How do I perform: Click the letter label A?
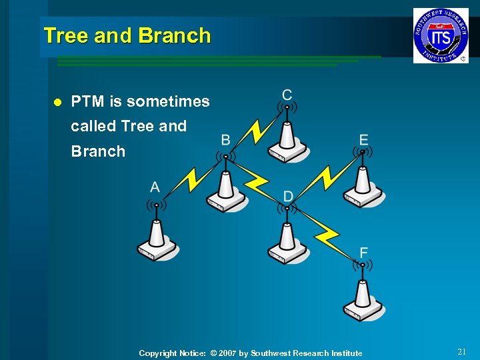pyautogui.click(x=155, y=187)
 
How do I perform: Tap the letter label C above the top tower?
pyautogui.click(x=287, y=95)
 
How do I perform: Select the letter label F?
pyautogui.click(x=363, y=253)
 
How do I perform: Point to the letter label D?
pyautogui.click(x=288, y=196)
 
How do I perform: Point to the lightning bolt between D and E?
pyautogui.click(x=326, y=177)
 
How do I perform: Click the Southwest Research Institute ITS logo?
pyautogui.click(x=440, y=36)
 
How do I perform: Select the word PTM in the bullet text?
pyautogui.click(x=87, y=102)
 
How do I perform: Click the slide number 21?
pyautogui.click(x=462, y=351)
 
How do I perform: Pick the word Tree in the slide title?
pyautogui.click(x=66, y=36)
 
